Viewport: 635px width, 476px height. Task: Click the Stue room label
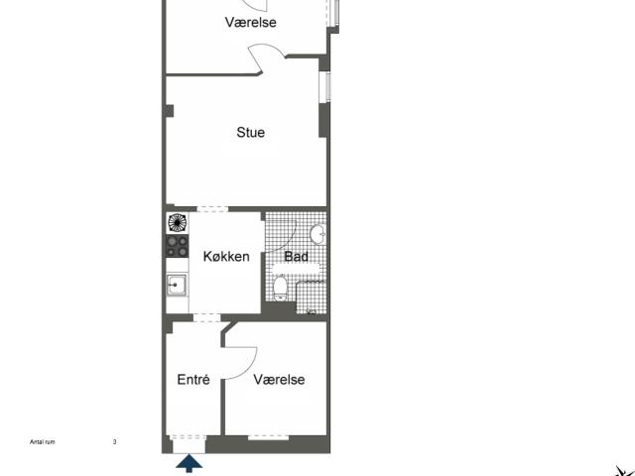[x=251, y=132]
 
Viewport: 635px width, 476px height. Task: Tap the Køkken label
[x=226, y=256]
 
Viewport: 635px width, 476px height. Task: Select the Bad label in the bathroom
[x=296, y=256]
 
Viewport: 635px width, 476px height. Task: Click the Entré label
[x=193, y=379]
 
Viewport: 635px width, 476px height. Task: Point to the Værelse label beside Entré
[x=279, y=379]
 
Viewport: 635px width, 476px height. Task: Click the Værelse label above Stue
[x=251, y=22]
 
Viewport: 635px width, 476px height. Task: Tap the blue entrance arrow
[x=190, y=463]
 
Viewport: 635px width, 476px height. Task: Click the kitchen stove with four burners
[x=178, y=246]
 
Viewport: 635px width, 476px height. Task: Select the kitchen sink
[x=177, y=285]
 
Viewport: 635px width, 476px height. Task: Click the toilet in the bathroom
[x=280, y=288]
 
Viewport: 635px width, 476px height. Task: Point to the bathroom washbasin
[x=317, y=234]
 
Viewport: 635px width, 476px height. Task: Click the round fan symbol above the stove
[x=177, y=223]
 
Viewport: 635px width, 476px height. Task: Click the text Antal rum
[x=43, y=442]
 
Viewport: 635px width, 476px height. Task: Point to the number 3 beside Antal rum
[x=115, y=442]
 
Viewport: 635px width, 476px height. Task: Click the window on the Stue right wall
[x=324, y=87]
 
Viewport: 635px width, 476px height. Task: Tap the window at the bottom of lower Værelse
[x=268, y=437]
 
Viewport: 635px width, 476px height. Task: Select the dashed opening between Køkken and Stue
[x=212, y=209]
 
